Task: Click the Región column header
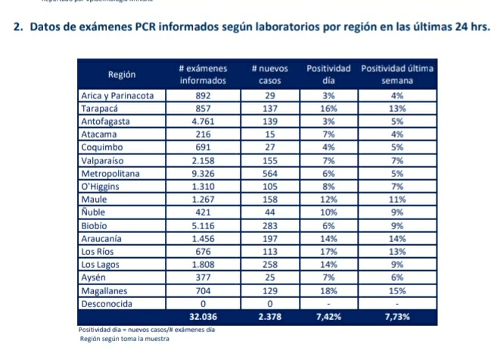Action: pyautogui.click(x=122, y=74)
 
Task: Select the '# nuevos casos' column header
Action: pyautogui.click(x=264, y=74)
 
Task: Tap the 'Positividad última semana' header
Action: pyautogui.click(x=396, y=74)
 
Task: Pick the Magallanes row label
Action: pyautogui.click(x=104, y=290)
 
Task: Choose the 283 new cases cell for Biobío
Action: pyautogui.click(x=264, y=225)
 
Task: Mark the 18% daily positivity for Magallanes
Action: pyautogui.click(x=328, y=290)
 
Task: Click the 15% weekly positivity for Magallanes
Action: pyautogui.click(x=396, y=290)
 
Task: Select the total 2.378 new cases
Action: pyautogui.click(x=264, y=317)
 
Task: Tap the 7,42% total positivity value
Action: pyautogui.click(x=328, y=317)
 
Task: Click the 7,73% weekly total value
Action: pyautogui.click(x=396, y=317)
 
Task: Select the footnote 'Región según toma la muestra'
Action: pyautogui.click(x=125, y=339)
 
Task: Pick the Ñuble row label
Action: pyautogui.click(x=95, y=213)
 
